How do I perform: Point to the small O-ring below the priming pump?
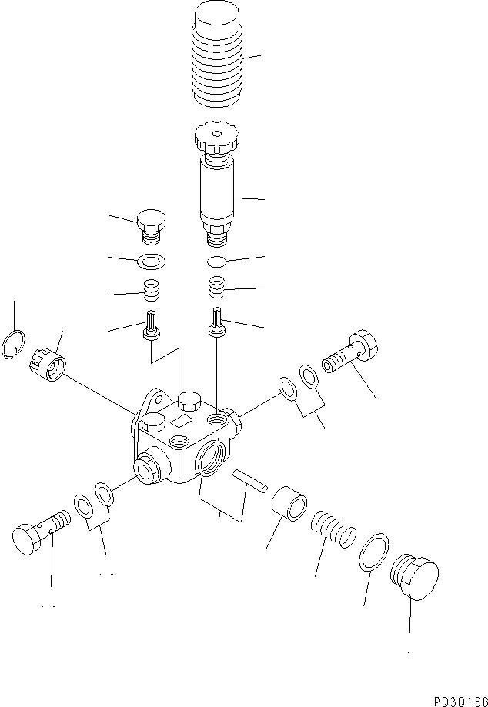(219, 261)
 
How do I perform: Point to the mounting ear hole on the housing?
(157, 400)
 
